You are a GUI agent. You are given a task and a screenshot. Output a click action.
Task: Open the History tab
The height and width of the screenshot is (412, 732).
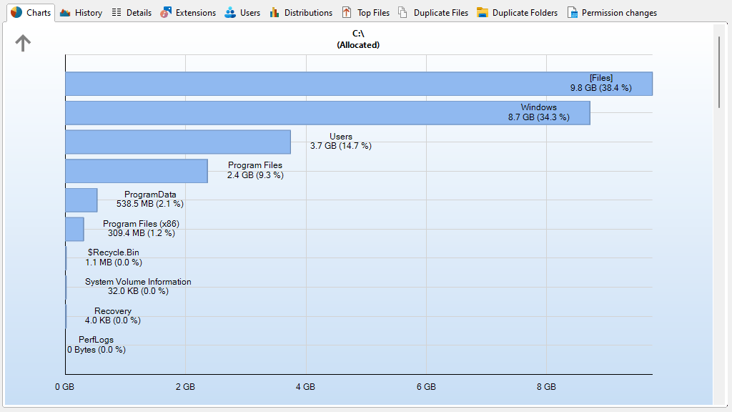pos(81,13)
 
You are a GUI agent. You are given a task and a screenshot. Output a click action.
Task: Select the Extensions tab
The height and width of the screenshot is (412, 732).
pos(188,13)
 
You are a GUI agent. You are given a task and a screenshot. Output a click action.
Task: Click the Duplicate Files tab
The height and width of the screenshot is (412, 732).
pos(433,13)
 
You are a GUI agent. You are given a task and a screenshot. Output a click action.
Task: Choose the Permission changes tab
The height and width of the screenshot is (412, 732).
pos(612,13)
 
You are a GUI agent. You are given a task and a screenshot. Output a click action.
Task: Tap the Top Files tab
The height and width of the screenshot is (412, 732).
pos(366,13)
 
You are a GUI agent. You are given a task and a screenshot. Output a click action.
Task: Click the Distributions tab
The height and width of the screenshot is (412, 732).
pos(301,13)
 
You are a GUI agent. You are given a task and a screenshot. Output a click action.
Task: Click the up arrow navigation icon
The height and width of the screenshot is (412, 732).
pos(24,44)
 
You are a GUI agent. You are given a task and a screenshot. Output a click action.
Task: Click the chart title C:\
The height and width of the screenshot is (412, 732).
pos(358,34)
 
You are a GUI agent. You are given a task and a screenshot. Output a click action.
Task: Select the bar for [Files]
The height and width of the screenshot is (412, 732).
pos(357,84)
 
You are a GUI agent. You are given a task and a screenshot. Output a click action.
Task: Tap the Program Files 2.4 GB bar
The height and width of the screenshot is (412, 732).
pos(136,171)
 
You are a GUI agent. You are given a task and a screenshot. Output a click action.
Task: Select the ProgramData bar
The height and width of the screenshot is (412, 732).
pos(81,200)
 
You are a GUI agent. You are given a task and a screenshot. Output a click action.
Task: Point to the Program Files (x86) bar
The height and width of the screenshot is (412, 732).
pos(74,229)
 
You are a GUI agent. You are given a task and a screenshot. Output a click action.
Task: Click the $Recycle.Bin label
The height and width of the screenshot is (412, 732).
pos(114,252)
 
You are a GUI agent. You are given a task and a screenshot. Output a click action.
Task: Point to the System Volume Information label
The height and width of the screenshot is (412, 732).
pos(138,282)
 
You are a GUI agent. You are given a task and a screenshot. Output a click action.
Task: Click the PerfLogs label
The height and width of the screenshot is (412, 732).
pos(96,340)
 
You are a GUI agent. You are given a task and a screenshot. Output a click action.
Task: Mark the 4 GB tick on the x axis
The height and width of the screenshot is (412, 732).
pos(305,387)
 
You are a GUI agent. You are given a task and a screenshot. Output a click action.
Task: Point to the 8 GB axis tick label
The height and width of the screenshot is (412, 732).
pos(546,387)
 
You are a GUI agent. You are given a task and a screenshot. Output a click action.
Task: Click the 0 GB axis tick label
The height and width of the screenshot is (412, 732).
pos(64,387)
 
